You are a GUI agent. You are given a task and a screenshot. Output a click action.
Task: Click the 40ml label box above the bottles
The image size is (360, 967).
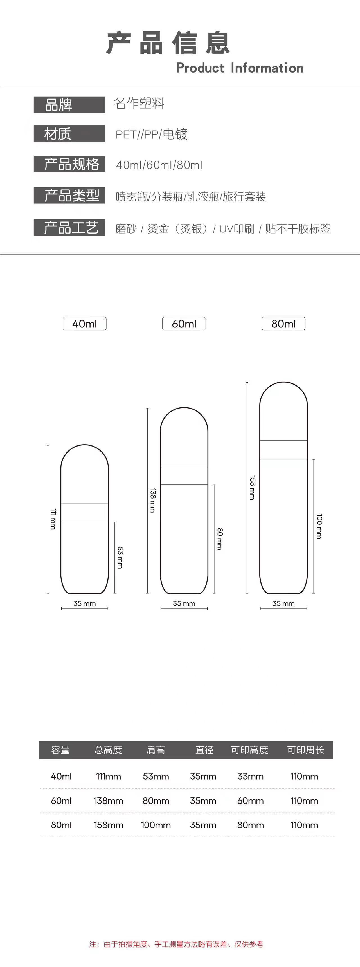click(84, 324)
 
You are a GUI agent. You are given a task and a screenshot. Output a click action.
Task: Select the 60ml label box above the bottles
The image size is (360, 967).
click(184, 324)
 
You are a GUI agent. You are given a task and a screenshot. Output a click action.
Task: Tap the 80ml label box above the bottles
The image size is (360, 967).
click(283, 324)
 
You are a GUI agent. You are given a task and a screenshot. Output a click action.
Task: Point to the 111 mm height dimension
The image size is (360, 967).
click(53, 519)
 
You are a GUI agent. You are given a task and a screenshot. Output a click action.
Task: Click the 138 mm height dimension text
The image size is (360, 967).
click(152, 501)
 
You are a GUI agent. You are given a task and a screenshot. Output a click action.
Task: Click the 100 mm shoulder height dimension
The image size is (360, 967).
click(319, 526)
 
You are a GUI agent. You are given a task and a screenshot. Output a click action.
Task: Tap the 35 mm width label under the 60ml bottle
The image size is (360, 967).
click(184, 603)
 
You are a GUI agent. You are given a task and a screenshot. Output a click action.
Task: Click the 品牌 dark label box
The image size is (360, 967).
click(69, 104)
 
